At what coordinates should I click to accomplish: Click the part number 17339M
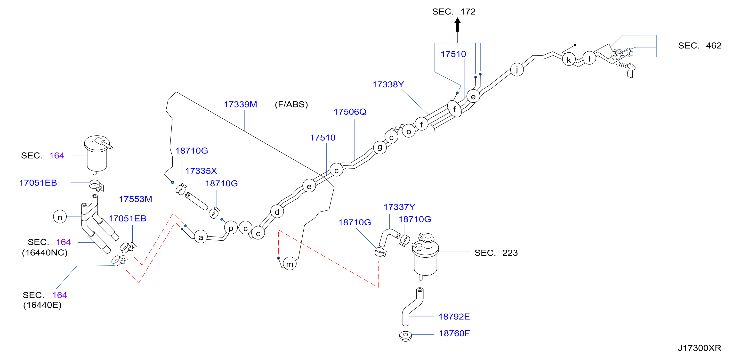(240, 104)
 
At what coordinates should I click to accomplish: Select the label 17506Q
(350, 112)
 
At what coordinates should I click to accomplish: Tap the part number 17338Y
(388, 84)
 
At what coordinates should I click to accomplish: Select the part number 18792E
(454, 316)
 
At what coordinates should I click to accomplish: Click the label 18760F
(454, 333)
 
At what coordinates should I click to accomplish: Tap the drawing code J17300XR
(699, 348)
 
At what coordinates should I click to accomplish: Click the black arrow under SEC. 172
(457, 25)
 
